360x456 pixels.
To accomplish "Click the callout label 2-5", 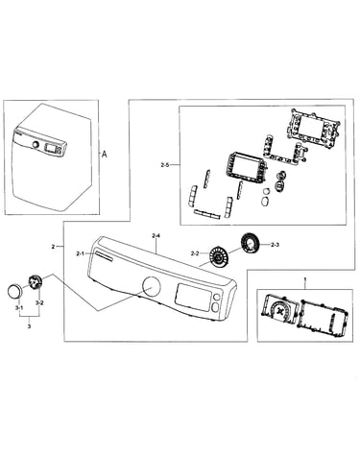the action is pos(164,165).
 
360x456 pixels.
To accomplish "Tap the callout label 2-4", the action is pos(156,236).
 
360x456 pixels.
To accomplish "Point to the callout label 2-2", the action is pos(195,253).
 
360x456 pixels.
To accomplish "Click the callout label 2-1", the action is pos(80,253).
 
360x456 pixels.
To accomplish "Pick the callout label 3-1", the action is pos(19,308).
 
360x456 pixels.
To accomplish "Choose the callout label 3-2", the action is pos(39,302).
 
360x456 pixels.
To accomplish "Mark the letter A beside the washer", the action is pos(105,155).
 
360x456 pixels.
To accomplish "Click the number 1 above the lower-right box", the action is pos(305,280).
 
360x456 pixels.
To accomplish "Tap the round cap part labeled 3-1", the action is pos(15,291).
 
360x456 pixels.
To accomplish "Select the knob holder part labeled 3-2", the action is pos(35,282).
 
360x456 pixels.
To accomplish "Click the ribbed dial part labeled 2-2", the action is pos(218,256).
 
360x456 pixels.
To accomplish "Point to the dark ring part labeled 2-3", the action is pos(252,245).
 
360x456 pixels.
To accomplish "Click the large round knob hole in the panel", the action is pos(151,286).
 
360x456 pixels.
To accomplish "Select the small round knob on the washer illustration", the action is pos(36,145).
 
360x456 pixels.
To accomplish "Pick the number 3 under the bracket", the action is pos(30,326).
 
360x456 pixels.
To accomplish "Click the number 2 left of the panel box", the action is pos(53,247).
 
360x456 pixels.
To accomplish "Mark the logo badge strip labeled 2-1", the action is pos(103,256).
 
